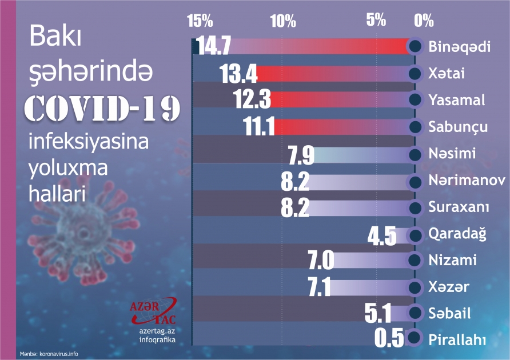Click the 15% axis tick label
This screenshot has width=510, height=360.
pos(200,21)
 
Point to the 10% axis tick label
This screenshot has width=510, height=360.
pos(283,21)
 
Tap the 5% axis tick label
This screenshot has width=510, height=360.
pos(377,21)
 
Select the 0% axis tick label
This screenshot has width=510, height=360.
pos(424,21)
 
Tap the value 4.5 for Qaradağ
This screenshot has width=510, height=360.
pos(381,235)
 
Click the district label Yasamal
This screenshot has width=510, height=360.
pos(456,100)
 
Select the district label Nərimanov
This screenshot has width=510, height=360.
pos(467,181)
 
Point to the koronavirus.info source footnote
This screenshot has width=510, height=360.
pos(49,354)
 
